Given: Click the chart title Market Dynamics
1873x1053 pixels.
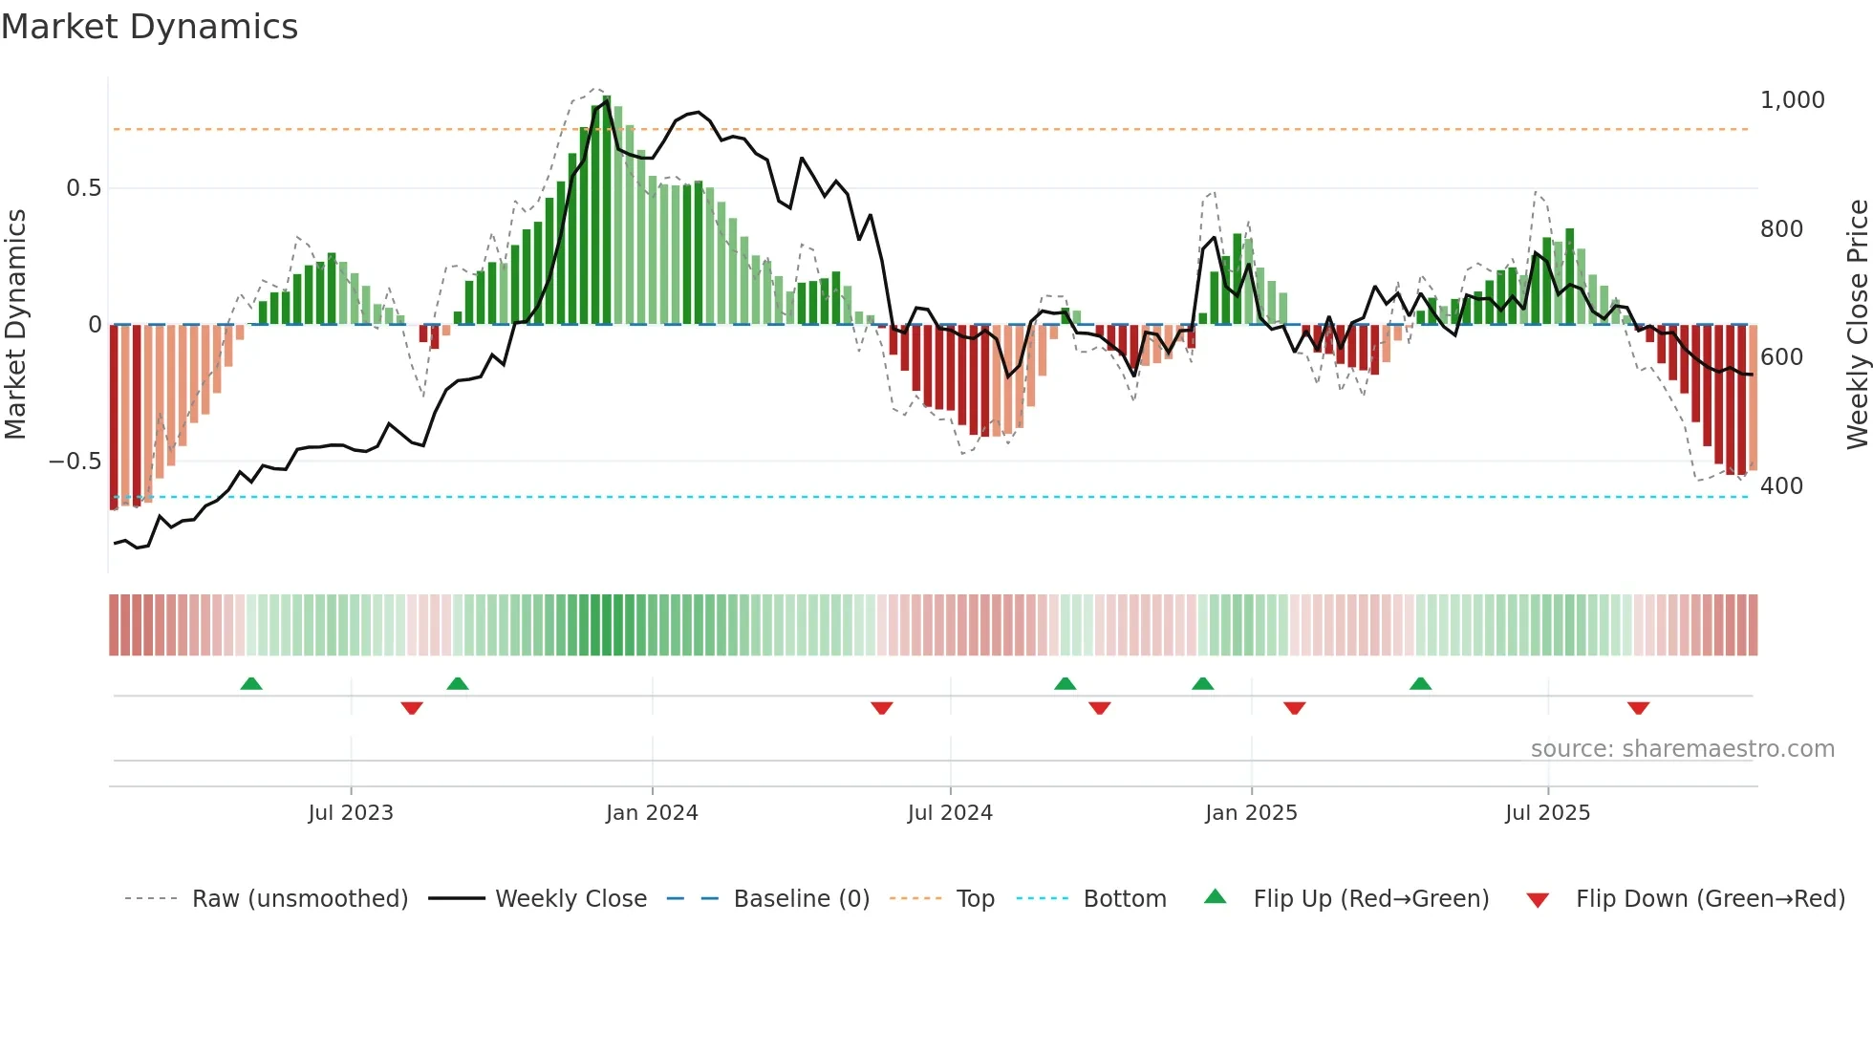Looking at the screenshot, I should click(149, 27).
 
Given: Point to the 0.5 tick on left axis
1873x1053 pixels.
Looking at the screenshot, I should click(83, 188).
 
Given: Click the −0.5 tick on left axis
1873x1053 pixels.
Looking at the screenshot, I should click(75, 462).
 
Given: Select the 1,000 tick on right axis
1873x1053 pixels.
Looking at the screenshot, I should click(1792, 100).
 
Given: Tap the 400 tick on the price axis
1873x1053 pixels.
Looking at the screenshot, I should click(1781, 486).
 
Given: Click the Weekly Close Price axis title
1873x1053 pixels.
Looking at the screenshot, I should click(1857, 325).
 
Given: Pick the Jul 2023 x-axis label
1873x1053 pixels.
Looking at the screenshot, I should click(351, 813).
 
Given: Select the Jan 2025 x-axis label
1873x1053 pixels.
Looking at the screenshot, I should click(1251, 813).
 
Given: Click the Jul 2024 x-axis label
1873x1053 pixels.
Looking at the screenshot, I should click(950, 813).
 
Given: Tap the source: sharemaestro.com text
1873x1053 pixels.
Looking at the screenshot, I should click(1682, 749).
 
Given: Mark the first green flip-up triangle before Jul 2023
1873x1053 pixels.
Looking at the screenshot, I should click(251, 684).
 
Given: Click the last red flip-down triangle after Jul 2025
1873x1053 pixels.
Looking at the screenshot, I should click(1638, 708).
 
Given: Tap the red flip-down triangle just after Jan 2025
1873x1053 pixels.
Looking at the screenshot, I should click(1294, 708).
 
